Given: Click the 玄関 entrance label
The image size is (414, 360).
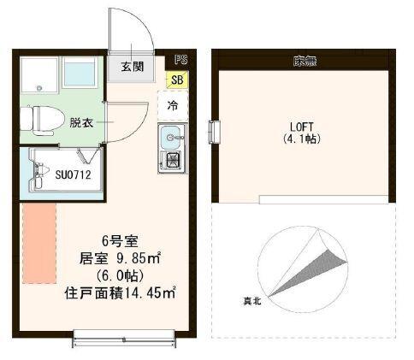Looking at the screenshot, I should (132, 67).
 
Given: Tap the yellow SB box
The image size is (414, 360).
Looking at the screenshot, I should (177, 81).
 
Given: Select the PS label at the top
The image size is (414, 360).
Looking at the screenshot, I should (180, 61).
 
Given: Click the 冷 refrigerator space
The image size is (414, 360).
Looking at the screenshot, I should (172, 106).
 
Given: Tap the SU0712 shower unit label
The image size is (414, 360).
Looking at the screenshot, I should (74, 176).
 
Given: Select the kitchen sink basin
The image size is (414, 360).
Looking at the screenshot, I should (171, 136).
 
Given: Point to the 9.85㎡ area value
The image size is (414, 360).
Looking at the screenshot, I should (136, 259).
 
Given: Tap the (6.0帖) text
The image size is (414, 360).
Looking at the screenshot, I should (115, 276).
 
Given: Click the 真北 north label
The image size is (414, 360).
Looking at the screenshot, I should (251, 300).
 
